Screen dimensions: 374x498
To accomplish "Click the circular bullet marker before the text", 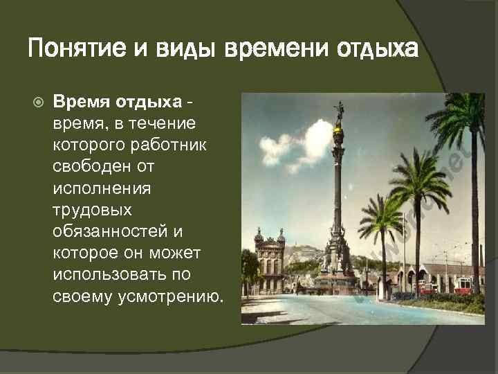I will [38, 102].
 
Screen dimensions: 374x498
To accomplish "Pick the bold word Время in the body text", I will [77, 102].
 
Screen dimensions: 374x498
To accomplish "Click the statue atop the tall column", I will [339, 111].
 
